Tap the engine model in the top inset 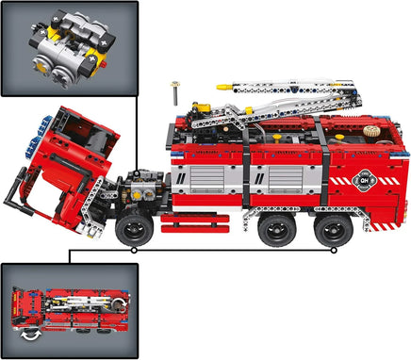67,48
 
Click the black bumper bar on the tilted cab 18,199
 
